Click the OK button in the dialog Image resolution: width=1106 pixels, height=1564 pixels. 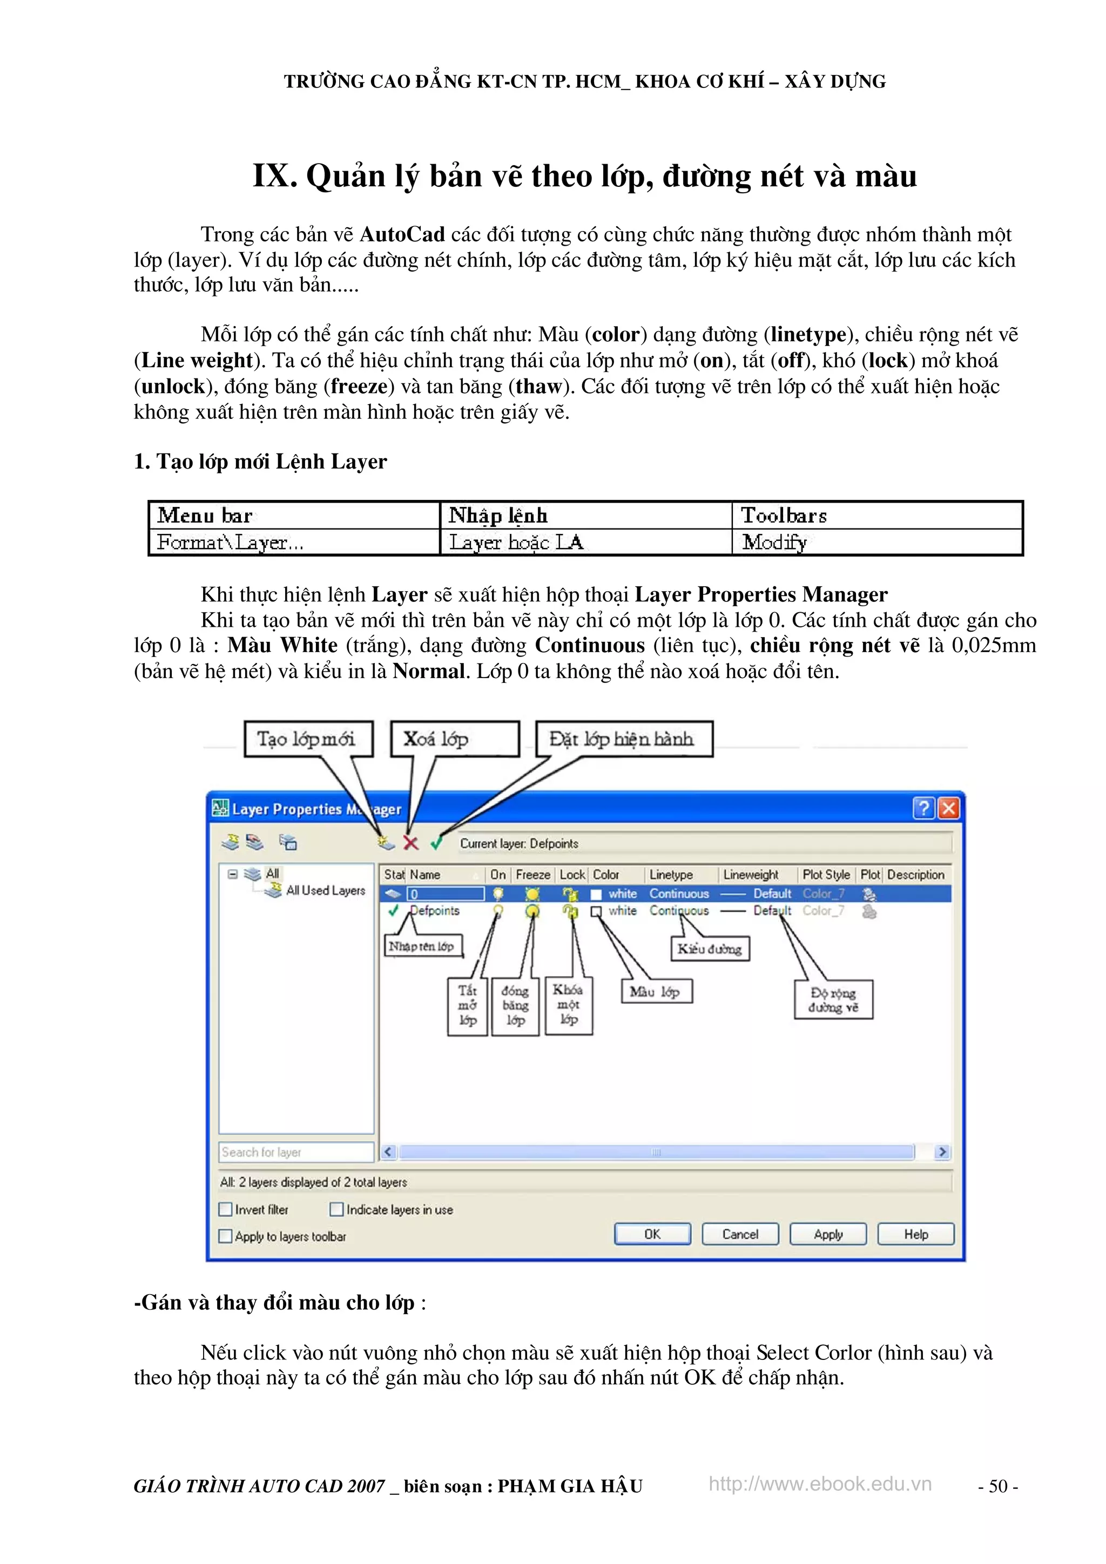(x=652, y=1234)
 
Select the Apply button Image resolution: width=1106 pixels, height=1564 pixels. (x=828, y=1234)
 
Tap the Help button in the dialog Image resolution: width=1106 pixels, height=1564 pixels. (x=916, y=1234)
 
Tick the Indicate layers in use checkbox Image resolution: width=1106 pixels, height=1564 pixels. (x=336, y=1209)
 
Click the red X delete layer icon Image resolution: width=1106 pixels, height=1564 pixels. (x=411, y=843)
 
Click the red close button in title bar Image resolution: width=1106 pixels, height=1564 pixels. (x=949, y=809)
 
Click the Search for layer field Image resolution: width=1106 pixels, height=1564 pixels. (x=296, y=1152)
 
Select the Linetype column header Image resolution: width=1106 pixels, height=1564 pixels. (x=671, y=875)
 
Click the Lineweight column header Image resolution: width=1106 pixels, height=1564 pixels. (x=751, y=875)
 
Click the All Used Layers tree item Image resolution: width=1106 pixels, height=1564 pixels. (x=326, y=890)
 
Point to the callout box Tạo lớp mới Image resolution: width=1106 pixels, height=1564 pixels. (x=308, y=739)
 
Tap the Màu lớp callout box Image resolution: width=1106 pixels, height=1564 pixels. (x=656, y=992)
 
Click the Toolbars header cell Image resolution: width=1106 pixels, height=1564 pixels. (x=784, y=516)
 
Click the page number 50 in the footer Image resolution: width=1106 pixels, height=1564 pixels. (x=997, y=1486)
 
